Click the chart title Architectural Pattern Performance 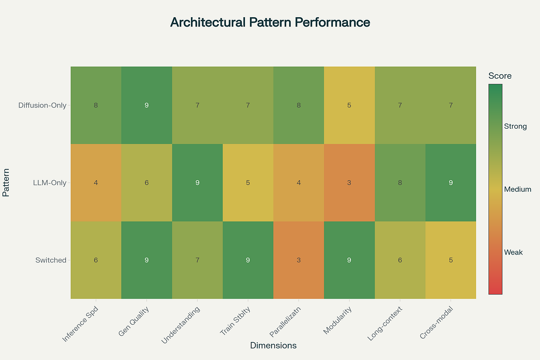[270, 23]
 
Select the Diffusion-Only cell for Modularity [349, 105]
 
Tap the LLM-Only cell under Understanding [197, 183]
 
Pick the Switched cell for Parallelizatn [298, 260]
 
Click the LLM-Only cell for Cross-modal [451, 183]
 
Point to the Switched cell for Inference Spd [96, 260]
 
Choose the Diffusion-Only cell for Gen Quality [147, 105]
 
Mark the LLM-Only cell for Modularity [349, 183]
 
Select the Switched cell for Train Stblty [248, 260]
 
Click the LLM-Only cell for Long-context [400, 183]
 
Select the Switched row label [51, 260]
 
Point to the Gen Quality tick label [134, 320]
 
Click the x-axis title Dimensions [273, 345]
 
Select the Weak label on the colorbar [513, 252]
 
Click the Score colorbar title [500, 76]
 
